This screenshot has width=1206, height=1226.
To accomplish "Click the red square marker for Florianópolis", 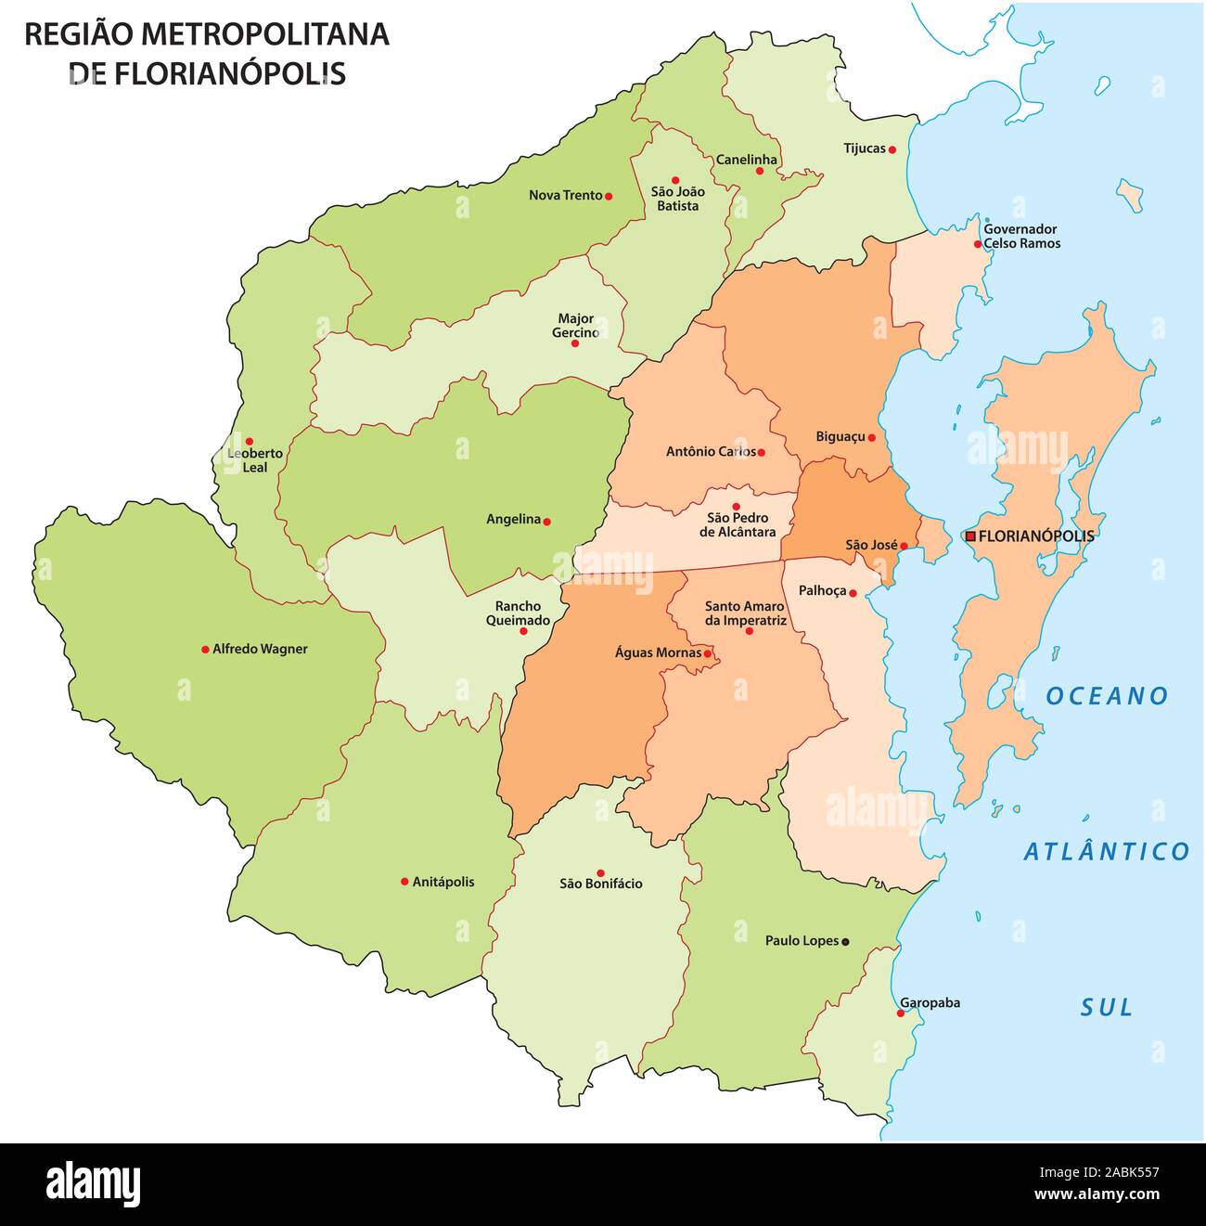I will pos(970,536).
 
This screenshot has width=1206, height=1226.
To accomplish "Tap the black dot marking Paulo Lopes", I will pos(845,941).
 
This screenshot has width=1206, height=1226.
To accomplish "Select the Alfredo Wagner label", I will pos(259,649).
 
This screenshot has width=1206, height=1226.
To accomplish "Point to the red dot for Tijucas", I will pos(892,148).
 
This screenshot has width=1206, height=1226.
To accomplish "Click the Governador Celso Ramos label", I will pos(1020,236).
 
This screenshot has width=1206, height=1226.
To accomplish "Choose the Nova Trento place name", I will pos(565,195).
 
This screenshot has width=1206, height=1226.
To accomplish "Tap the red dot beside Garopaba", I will pos(900,1013).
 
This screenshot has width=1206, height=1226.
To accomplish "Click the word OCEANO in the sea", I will pos(1107,696).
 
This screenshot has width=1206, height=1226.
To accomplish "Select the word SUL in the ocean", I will pos(1107,1007).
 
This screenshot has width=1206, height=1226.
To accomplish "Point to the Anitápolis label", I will pos(443,882).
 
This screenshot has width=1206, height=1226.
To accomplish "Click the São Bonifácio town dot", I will pos(600,872).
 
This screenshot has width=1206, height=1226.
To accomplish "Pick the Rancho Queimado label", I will pos(518,613).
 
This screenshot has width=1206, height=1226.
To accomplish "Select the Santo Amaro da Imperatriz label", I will pos(745,613).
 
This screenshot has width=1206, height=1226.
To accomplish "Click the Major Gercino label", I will pos(575,326).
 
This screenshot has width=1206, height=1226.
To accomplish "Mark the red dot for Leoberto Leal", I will pos(249,441).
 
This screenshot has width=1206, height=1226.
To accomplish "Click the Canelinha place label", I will pos(746,159).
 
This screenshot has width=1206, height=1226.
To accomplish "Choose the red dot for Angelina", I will pos(546,522).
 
